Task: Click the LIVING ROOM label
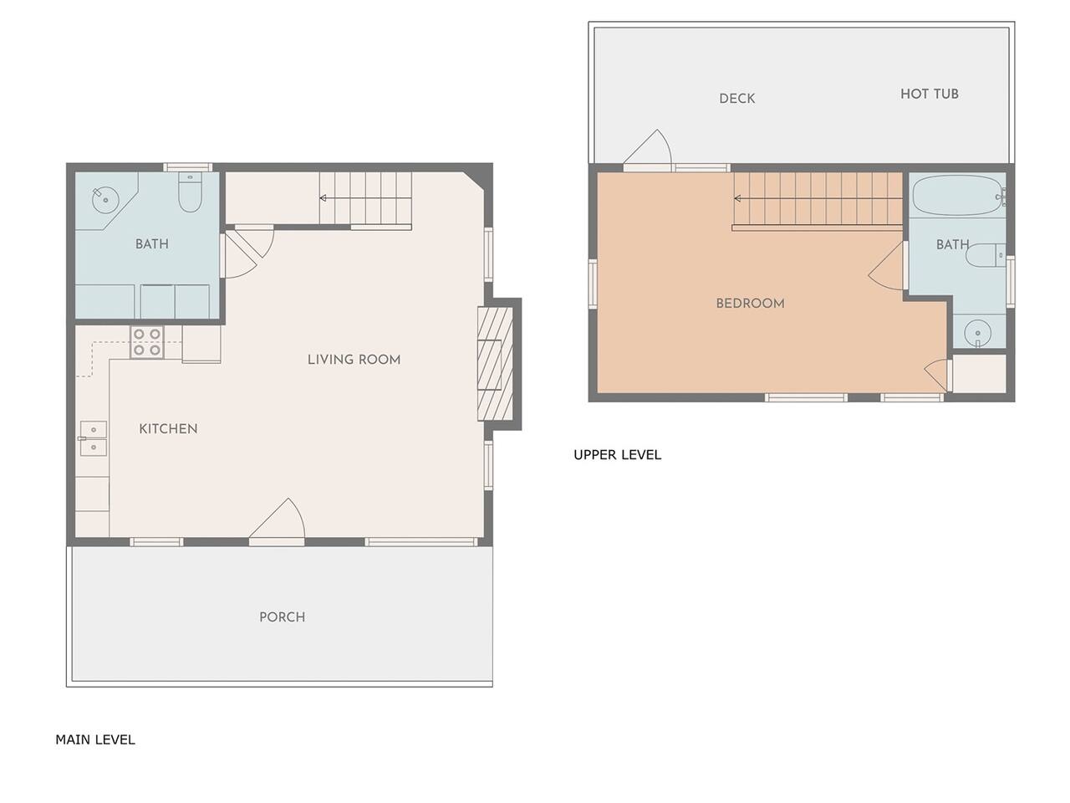tap(354, 360)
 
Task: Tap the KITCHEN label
tap(168, 429)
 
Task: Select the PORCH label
tap(283, 617)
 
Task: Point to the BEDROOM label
tap(750, 304)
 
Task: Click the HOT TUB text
tap(929, 94)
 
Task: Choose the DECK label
tap(737, 99)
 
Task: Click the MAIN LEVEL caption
tap(95, 739)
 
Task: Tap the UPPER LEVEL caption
tap(617, 455)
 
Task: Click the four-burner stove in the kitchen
tap(147, 342)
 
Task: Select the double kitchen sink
tap(93, 439)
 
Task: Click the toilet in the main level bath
tap(190, 192)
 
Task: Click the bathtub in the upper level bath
tap(958, 196)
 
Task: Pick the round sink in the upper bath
tap(977, 334)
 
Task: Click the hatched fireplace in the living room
tap(495, 364)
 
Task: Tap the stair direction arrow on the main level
tap(365, 198)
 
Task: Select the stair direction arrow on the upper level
tap(818, 198)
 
